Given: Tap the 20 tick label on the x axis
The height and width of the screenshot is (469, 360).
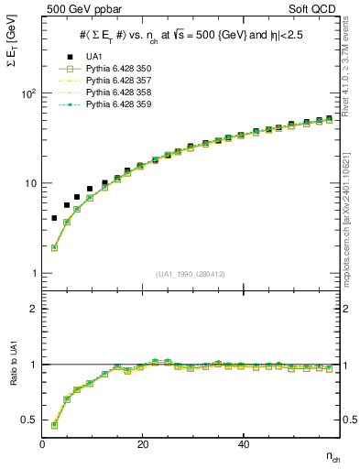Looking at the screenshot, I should (143, 444).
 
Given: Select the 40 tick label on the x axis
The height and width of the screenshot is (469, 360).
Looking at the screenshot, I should (243, 444).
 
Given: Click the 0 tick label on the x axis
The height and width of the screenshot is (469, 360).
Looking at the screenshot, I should (43, 444).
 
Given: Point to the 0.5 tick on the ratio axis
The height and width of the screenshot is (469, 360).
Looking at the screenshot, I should (31, 420).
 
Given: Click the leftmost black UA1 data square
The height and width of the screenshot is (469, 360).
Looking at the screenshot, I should (55, 218).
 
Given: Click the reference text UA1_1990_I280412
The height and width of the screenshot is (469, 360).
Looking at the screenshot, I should (191, 274).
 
